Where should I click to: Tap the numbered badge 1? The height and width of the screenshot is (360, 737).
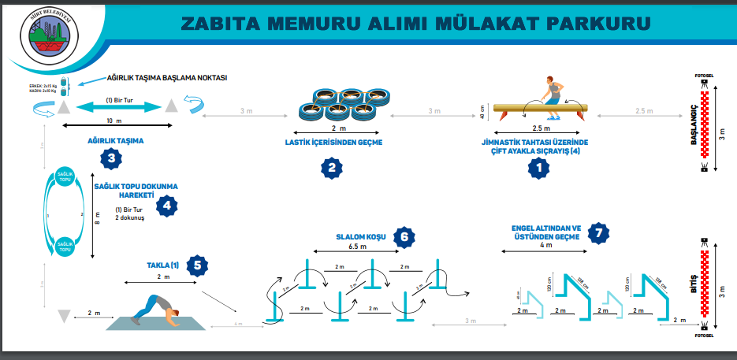539,166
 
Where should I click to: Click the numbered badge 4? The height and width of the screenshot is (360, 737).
166,206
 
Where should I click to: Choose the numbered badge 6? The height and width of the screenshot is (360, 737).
403,236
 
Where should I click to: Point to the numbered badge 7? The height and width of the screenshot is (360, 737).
601,232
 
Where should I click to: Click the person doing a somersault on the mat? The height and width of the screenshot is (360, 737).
154,308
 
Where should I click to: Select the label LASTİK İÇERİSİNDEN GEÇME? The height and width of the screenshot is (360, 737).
333,142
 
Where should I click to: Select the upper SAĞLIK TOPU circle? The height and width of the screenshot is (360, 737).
65,178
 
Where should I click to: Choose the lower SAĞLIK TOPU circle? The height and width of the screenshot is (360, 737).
65,247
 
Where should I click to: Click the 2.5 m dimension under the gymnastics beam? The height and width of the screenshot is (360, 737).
540,128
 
